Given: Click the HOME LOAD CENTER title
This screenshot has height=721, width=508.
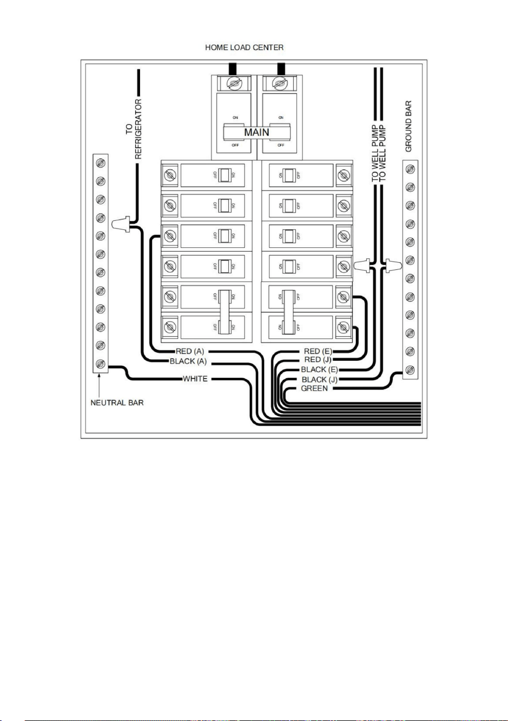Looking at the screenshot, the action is [x=244, y=47].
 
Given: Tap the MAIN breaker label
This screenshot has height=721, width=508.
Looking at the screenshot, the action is [x=257, y=132].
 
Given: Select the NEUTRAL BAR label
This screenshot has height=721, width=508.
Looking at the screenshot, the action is [x=117, y=403].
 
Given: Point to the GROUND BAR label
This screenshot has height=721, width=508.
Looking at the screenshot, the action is [x=408, y=126].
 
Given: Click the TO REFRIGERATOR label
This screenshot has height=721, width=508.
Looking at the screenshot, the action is [x=134, y=129].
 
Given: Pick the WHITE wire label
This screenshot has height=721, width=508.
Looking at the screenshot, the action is [x=195, y=379].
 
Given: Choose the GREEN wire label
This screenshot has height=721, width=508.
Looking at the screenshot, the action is [x=314, y=389].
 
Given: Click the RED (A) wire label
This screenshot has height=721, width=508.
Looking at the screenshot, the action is [x=190, y=351].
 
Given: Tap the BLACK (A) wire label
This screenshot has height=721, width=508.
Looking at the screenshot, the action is [x=188, y=361].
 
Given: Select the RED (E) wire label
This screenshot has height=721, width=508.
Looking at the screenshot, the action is [x=318, y=351].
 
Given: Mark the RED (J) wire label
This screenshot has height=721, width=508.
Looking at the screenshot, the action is [x=318, y=360].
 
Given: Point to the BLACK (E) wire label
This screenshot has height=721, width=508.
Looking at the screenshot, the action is [x=319, y=369].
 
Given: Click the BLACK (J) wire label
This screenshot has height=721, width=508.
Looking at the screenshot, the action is [x=319, y=379].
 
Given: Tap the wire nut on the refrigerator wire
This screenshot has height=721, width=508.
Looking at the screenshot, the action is [x=120, y=224].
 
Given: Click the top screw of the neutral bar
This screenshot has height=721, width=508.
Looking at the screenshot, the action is [x=100, y=163].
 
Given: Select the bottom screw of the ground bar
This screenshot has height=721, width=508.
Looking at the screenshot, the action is [x=410, y=370].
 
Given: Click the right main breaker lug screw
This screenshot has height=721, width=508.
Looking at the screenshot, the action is [x=279, y=84].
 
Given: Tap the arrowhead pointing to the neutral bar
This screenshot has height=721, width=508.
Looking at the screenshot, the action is [x=99, y=376].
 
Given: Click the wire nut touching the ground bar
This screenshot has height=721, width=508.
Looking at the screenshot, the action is [x=394, y=266].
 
